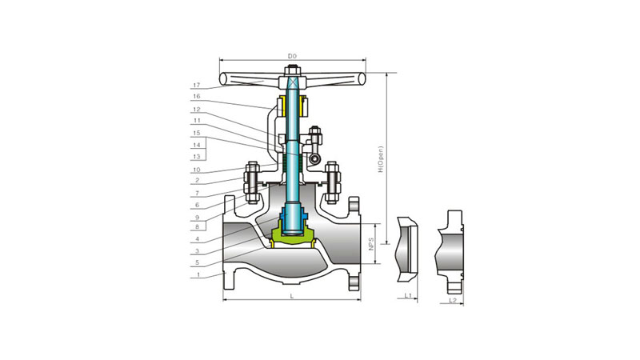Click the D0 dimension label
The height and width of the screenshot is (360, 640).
pyautogui.click(x=292, y=56)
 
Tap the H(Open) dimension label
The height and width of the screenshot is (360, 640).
pyautogui.click(x=382, y=159)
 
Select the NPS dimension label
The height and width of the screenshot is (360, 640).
pyautogui.click(x=371, y=244)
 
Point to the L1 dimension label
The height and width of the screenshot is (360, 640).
pyautogui.click(x=408, y=295)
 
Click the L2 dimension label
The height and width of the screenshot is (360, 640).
pyautogui.click(x=452, y=300)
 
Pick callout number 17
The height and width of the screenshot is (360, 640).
pyautogui.click(x=197, y=86)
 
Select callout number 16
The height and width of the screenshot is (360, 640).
pyautogui.click(x=197, y=96)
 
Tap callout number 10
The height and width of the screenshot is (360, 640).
pyautogui.click(x=197, y=170)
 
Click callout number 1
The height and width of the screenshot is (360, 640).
pyautogui.click(x=198, y=274)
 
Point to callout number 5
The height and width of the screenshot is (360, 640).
pyautogui.click(x=197, y=262)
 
